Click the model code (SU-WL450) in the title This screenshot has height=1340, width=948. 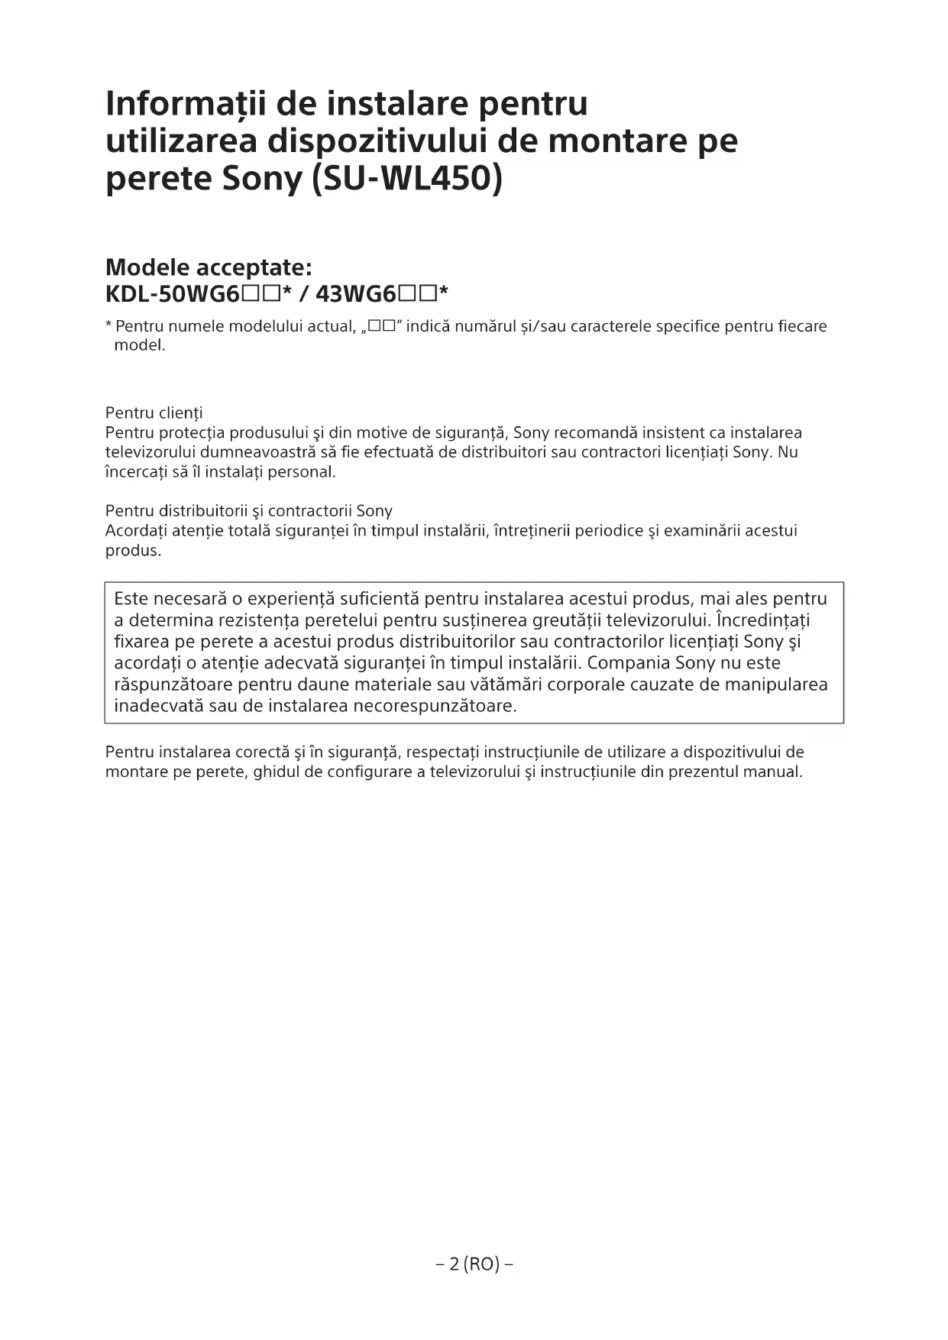point(408,179)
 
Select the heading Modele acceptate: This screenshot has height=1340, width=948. point(209,267)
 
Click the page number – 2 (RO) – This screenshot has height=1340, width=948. point(474,1264)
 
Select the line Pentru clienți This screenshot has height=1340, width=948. point(154,413)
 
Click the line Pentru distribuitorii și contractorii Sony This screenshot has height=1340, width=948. point(248,511)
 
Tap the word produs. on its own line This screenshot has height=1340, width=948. point(133,551)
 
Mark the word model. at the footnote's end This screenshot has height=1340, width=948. point(139,345)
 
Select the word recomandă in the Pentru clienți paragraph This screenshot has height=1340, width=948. point(596,433)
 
